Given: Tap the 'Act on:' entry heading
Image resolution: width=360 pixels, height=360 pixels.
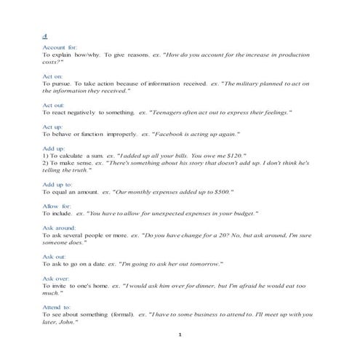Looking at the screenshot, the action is (53, 76).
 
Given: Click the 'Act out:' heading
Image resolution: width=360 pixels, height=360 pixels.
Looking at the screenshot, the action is (54, 105).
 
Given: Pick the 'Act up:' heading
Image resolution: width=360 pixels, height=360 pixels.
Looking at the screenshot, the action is (53, 127).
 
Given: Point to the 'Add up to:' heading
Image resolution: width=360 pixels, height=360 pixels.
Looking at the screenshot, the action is (59, 184).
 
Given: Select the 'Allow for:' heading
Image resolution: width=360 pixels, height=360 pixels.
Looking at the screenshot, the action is (57, 205).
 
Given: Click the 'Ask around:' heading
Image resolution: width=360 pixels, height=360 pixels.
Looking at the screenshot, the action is (60, 227).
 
